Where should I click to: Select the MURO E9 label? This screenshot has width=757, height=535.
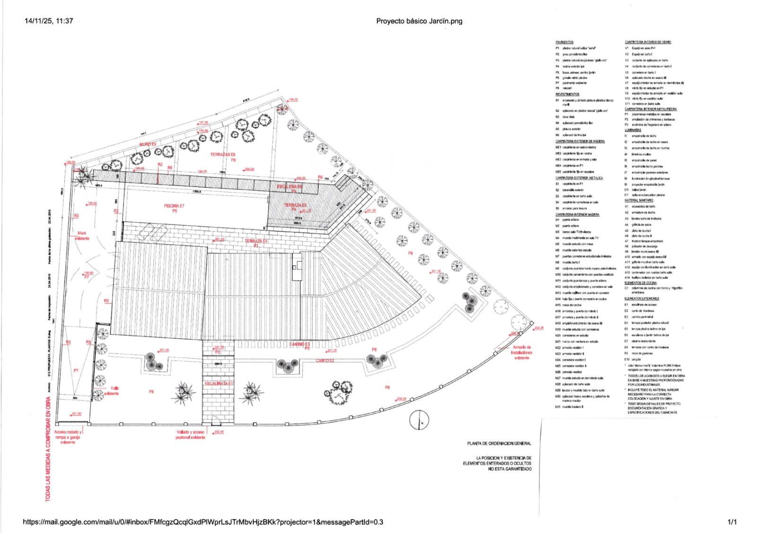pos(147,144)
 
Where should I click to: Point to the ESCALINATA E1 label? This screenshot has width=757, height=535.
pos(219,383)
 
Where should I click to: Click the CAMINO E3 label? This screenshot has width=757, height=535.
pos(300,344)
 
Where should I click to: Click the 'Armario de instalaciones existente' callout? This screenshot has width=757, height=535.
pos(522,352)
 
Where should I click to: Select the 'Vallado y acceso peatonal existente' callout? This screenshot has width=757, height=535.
pos(191,435)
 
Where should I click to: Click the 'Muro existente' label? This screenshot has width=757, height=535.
pos(82,236)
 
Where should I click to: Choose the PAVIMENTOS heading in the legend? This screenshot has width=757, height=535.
pos(564,42)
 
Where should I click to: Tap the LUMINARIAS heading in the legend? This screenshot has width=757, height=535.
pos(633,130)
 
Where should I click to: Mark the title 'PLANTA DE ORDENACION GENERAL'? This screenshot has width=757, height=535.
pos(499,444)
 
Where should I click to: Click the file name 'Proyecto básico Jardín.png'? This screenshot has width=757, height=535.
pos(419,21)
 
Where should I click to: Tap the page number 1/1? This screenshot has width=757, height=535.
pos(732,522)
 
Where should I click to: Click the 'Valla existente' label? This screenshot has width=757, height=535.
pos(112,390)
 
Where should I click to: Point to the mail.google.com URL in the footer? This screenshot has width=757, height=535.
pos(203,522)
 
